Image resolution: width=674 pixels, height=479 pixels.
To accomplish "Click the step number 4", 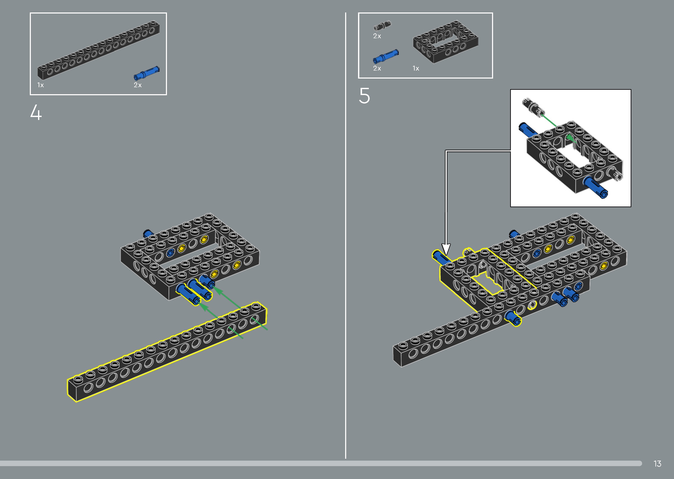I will click(x=36, y=112).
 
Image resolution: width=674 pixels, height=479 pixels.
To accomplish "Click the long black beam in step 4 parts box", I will click(x=98, y=50).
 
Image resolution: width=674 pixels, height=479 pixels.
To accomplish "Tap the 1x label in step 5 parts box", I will click(x=416, y=68).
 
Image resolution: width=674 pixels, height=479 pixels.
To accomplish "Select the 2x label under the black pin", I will click(x=377, y=36).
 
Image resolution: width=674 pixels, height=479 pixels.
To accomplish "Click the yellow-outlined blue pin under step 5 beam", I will click(x=513, y=318).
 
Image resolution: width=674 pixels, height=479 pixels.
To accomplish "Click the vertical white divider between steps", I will click(x=346, y=236).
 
